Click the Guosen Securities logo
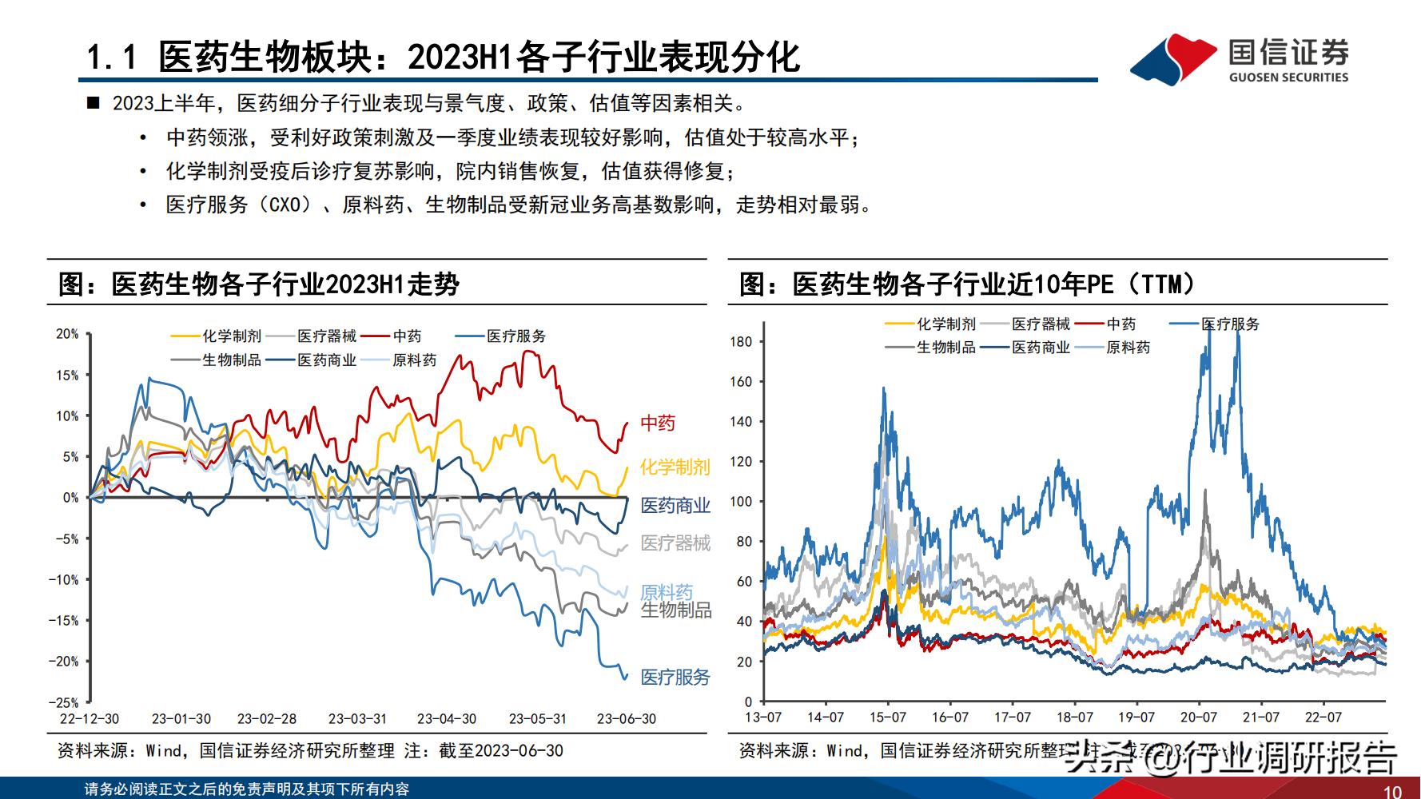pyautogui.click(x=1239, y=58)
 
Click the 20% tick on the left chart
pyautogui.click(x=67, y=334)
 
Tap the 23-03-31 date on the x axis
pyautogui.click(x=358, y=719)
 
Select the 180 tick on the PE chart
pyautogui.click(x=741, y=342)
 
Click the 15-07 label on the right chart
pyautogui.click(x=888, y=718)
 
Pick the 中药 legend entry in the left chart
pyautogui.click(x=407, y=336)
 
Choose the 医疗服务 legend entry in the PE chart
pyautogui.click(x=1230, y=324)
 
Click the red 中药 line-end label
pyautogui.click(x=658, y=423)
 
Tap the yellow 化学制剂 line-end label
pyautogui.click(x=675, y=467)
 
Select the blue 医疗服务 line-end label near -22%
pyautogui.click(x=675, y=678)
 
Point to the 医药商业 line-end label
pyautogui.click(x=675, y=506)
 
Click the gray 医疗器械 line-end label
pyautogui.click(x=675, y=543)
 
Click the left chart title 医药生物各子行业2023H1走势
pyautogui.click(x=260, y=284)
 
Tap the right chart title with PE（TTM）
pyautogui.click(x=967, y=284)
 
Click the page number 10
pyautogui.click(x=1391, y=791)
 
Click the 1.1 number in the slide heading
pyautogui.click(x=112, y=58)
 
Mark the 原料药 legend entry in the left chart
pyautogui.click(x=414, y=360)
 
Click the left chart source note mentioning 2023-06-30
pyautogui.click(x=310, y=751)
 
